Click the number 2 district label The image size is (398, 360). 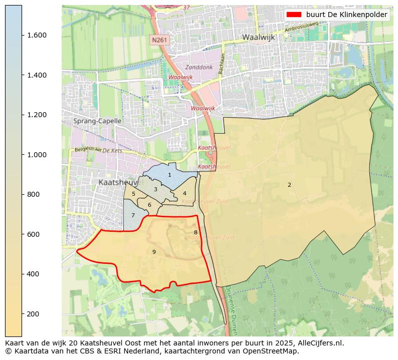tap(289, 185)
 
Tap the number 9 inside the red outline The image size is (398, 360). tap(154, 252)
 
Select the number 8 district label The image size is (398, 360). tap(195, 232)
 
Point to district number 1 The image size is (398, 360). tap(169, 175)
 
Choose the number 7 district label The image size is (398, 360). tap(133, 215)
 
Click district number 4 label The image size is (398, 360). tap(184, 193)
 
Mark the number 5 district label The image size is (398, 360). tap(133, 194)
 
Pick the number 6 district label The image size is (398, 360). tap(149, 205)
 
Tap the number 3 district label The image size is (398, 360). tap(155, 189)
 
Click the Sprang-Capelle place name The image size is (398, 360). tap(97, 121)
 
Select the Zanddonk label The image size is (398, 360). tap(199, 67)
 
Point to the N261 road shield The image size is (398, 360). tap(159, 40)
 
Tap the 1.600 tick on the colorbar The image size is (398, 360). tap(37, 35)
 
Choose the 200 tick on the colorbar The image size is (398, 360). tap(34, 314)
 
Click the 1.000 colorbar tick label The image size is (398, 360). tap(37, 155)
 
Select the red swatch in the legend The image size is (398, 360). tap(294, 15)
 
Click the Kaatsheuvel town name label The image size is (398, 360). tap(118, 183)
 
